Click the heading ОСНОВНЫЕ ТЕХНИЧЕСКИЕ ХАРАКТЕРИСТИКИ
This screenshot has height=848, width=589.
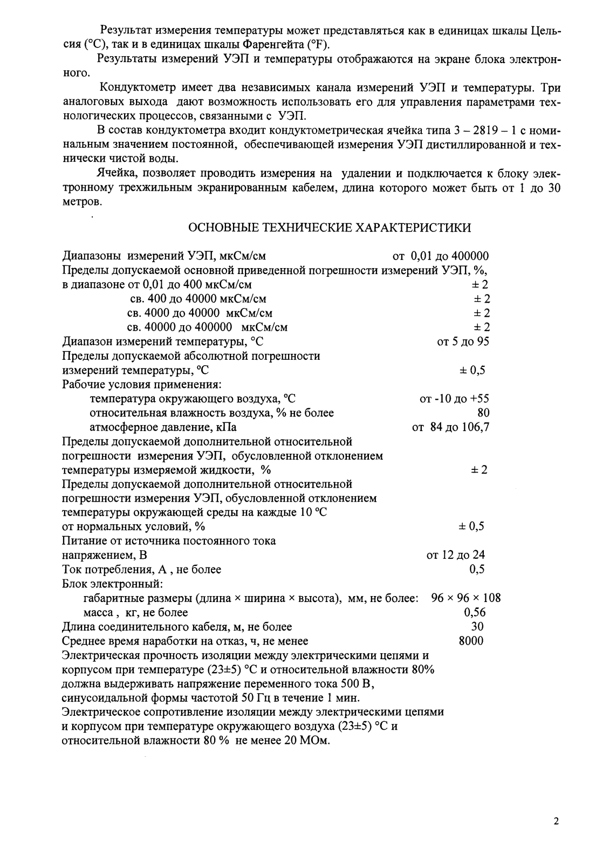329,228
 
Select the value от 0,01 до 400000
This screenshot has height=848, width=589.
441,256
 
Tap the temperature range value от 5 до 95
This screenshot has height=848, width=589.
463,341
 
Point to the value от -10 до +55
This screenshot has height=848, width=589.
454,399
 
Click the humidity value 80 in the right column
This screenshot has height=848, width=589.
483,413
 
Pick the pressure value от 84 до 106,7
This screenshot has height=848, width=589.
451,427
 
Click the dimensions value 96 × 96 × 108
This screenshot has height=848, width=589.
466,598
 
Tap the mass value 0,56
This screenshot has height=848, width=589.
475,612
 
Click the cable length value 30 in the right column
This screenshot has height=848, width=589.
477,626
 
